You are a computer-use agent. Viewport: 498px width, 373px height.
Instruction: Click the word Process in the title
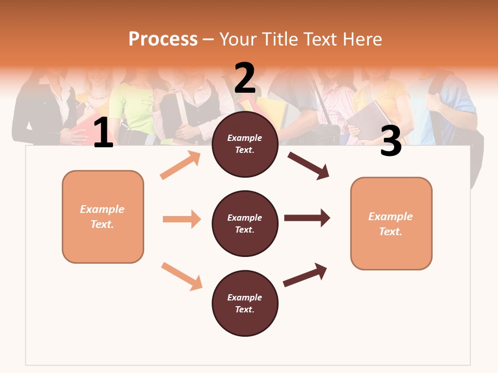tap(163, 39)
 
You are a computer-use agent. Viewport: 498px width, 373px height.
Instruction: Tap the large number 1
tap(103, 133)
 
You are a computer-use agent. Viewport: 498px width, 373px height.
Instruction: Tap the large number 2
tap(245, 78)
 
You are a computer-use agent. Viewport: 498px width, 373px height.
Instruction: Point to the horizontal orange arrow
tap(182, 219)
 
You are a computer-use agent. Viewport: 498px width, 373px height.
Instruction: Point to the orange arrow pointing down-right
tap(182, 276)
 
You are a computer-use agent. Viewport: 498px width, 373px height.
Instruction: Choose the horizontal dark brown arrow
tap(307, 218)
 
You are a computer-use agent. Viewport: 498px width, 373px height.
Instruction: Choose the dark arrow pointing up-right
tap(305, 275)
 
